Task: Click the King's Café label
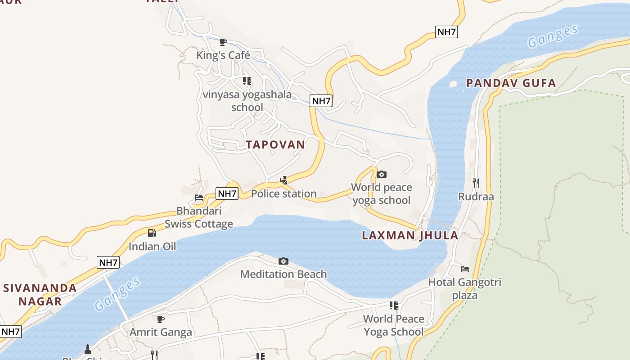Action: point(223,55)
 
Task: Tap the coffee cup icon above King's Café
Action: point(223,42)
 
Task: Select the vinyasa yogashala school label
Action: point(247,101)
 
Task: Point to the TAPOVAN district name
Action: point(275,144)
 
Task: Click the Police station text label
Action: point(283,194)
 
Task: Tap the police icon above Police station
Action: point(283,181)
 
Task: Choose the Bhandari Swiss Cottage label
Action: point(198,217)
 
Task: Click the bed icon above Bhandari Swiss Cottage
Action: point(198,198)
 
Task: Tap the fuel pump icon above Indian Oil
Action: point(152,233)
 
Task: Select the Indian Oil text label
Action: point(152,246)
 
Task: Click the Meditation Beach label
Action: point(283,274)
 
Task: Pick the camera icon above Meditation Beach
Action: point(283,261)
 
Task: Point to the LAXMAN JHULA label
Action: point(410,235)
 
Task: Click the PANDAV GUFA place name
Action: point(511,83)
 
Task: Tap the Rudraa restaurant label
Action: point(476,197)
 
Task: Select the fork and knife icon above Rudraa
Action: point(476,183)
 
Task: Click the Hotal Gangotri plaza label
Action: point(464,288)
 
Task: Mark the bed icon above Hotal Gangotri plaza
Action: point(465,269)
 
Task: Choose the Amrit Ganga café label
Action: point(161,332)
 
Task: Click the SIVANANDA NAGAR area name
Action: point(40,294)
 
